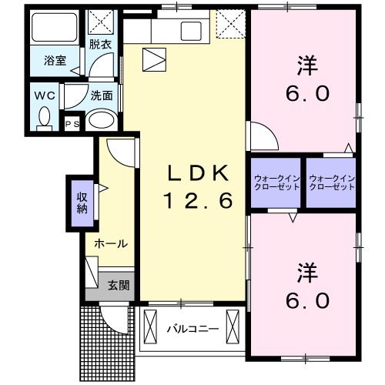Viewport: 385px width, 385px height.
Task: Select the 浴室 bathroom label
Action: click(x=52, y=59)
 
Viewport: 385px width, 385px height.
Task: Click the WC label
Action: click(x=43, y=97)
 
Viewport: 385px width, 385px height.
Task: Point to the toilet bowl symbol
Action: click(x=44, y=118)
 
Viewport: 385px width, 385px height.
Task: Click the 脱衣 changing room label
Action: click(x=99, y=45)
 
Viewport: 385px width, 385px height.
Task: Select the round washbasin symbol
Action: click(x=100, y=119)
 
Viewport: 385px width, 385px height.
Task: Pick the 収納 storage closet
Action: click(x=81, y=202)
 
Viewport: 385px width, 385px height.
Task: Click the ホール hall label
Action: click(x=110, y=243)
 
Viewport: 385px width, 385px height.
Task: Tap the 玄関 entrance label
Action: click(x=118, y=286)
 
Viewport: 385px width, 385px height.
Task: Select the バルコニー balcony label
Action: click(x=192, y=329)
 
